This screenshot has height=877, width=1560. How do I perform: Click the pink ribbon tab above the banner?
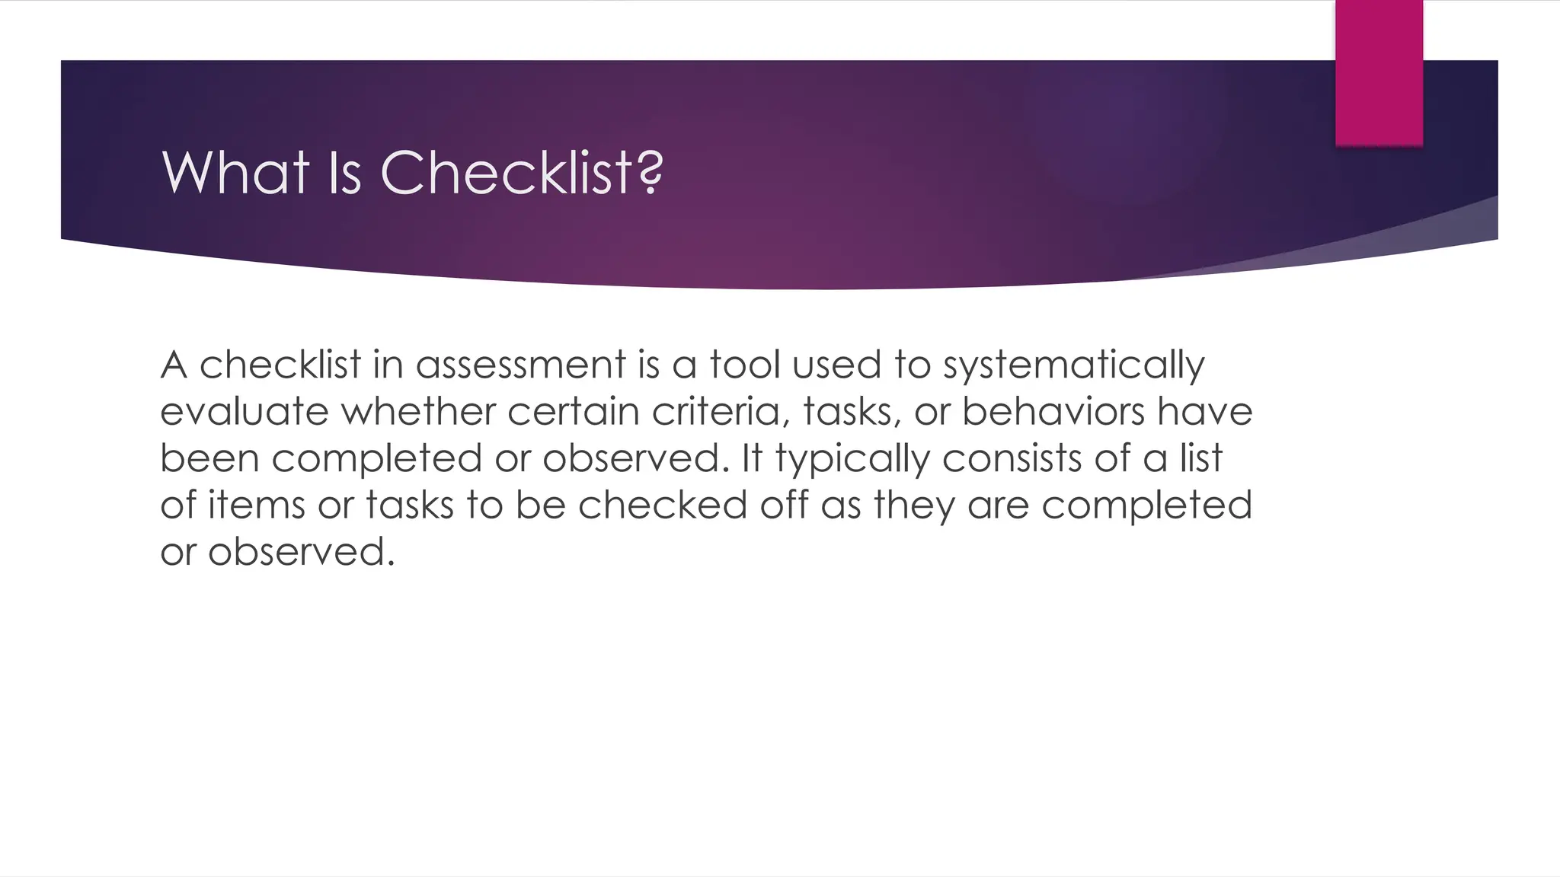click(x=1379, y=72)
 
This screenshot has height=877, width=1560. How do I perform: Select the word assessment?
click(x=520, y=365)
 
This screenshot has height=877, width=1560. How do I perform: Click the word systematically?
click(x=1074, y=366)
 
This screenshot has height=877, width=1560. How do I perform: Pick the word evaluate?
click(x=245, y=412)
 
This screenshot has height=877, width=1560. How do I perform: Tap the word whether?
click(x=418, y=412)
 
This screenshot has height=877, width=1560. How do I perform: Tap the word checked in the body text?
click(x=663, y=505)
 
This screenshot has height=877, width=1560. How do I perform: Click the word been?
click(x=209, y=459)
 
